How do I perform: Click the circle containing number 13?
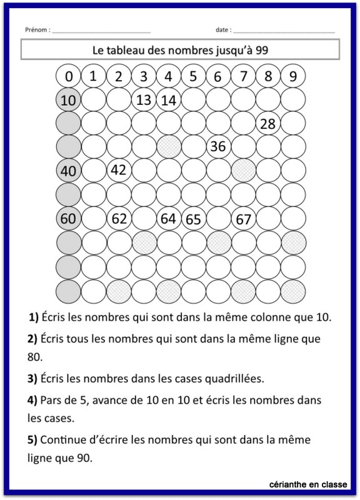(144, 99)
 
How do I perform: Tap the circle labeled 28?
(267, 124)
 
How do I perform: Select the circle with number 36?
(218, 147)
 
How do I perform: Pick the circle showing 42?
(119, 170)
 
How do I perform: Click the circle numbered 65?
(193, 219)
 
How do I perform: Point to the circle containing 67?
(243, 219)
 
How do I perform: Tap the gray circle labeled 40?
(69, 170)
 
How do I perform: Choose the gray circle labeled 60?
(69, 219)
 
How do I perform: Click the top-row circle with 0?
(69, 76)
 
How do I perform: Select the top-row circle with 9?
(292, 76)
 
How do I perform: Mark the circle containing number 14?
(169, 99)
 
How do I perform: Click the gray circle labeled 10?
(69, 99)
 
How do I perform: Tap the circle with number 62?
(119, 219)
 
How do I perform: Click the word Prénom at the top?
(36, 29)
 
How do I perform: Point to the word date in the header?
(222, 29)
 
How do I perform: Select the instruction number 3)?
(32, 378)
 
